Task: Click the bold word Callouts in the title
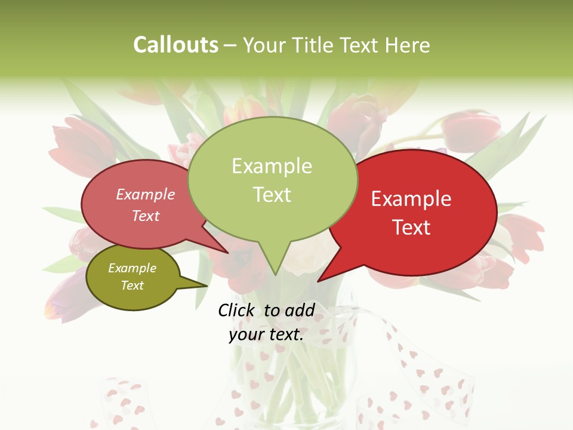(x=175, y=45)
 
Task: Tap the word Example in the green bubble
(x=272, y=166)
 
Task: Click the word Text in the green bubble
(x=272, y=195)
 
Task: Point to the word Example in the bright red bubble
(x=411, y=199)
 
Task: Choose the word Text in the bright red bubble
(x=411, y=228)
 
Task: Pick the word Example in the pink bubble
(x=146, y=194)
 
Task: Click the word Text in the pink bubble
(x=146, y=216)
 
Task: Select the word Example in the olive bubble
(x=133, y=268)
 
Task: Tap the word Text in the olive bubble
(x=133, y=285)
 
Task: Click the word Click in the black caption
(x=237, y=310)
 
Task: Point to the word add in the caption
(x=300, y=310)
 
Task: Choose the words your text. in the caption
(x=266, y=334)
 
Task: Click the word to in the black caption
(x=272, y=310)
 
